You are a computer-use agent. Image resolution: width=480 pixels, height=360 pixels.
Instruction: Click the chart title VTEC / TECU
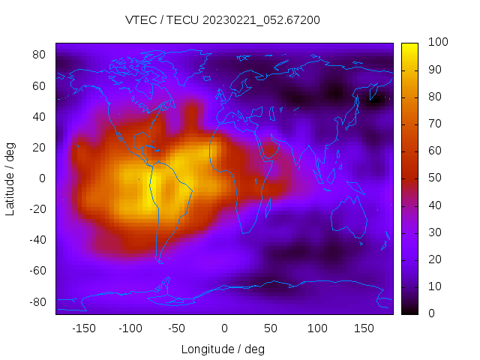point(223,20)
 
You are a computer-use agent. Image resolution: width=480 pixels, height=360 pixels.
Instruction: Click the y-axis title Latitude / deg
point(10,178)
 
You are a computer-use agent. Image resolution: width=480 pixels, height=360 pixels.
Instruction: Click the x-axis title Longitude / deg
point(223,349)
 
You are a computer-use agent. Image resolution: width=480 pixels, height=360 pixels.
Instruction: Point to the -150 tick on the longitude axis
point(83,328)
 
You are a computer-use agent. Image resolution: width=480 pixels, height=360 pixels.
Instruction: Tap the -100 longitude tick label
point(130,328)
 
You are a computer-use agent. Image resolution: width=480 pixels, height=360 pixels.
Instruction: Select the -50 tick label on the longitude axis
point(177,328)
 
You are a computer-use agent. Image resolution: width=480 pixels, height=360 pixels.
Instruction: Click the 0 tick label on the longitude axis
point(223,328)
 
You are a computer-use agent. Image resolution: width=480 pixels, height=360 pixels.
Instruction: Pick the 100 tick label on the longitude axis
point(317,328)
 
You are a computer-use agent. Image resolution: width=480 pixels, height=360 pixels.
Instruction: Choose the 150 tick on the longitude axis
point(364,328)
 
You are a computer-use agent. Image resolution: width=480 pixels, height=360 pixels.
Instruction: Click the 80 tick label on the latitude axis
point(39,55)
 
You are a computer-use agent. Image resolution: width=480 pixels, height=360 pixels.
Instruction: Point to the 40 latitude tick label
point(39,116)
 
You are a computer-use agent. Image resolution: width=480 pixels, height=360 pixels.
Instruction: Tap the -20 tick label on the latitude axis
point(36,209)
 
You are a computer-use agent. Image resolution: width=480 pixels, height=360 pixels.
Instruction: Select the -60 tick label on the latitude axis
point(36,271)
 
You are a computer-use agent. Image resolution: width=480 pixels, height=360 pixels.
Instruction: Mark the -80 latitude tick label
point(36,301)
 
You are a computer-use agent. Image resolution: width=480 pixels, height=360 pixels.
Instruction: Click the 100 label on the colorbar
point(437,43)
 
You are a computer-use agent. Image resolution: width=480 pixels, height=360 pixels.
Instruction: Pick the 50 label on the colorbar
point(434,178)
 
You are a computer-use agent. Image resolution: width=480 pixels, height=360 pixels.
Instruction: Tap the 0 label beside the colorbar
point(428,313)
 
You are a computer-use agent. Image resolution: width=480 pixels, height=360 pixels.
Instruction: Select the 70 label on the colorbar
point(434,124)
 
